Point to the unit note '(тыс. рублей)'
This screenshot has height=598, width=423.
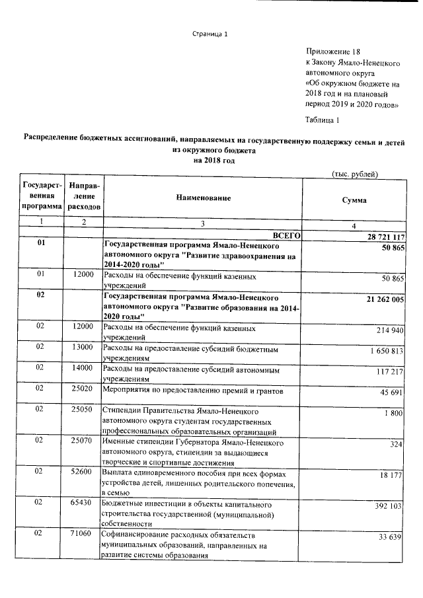click(x=354, y=174)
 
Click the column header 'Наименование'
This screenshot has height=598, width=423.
click(x=204, y=198)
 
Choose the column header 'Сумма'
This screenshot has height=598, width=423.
click(x=354, y=200)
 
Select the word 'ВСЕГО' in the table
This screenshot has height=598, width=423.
click(x=287, y=235)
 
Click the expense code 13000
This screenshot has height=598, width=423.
click(x=84, y=346)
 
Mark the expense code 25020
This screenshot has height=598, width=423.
click(x=84, y=392)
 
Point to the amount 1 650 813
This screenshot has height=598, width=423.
click(x=383, y=351)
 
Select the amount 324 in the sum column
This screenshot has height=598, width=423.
click(x=396, y=445)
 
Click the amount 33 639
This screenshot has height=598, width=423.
click(x=390, y=537)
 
